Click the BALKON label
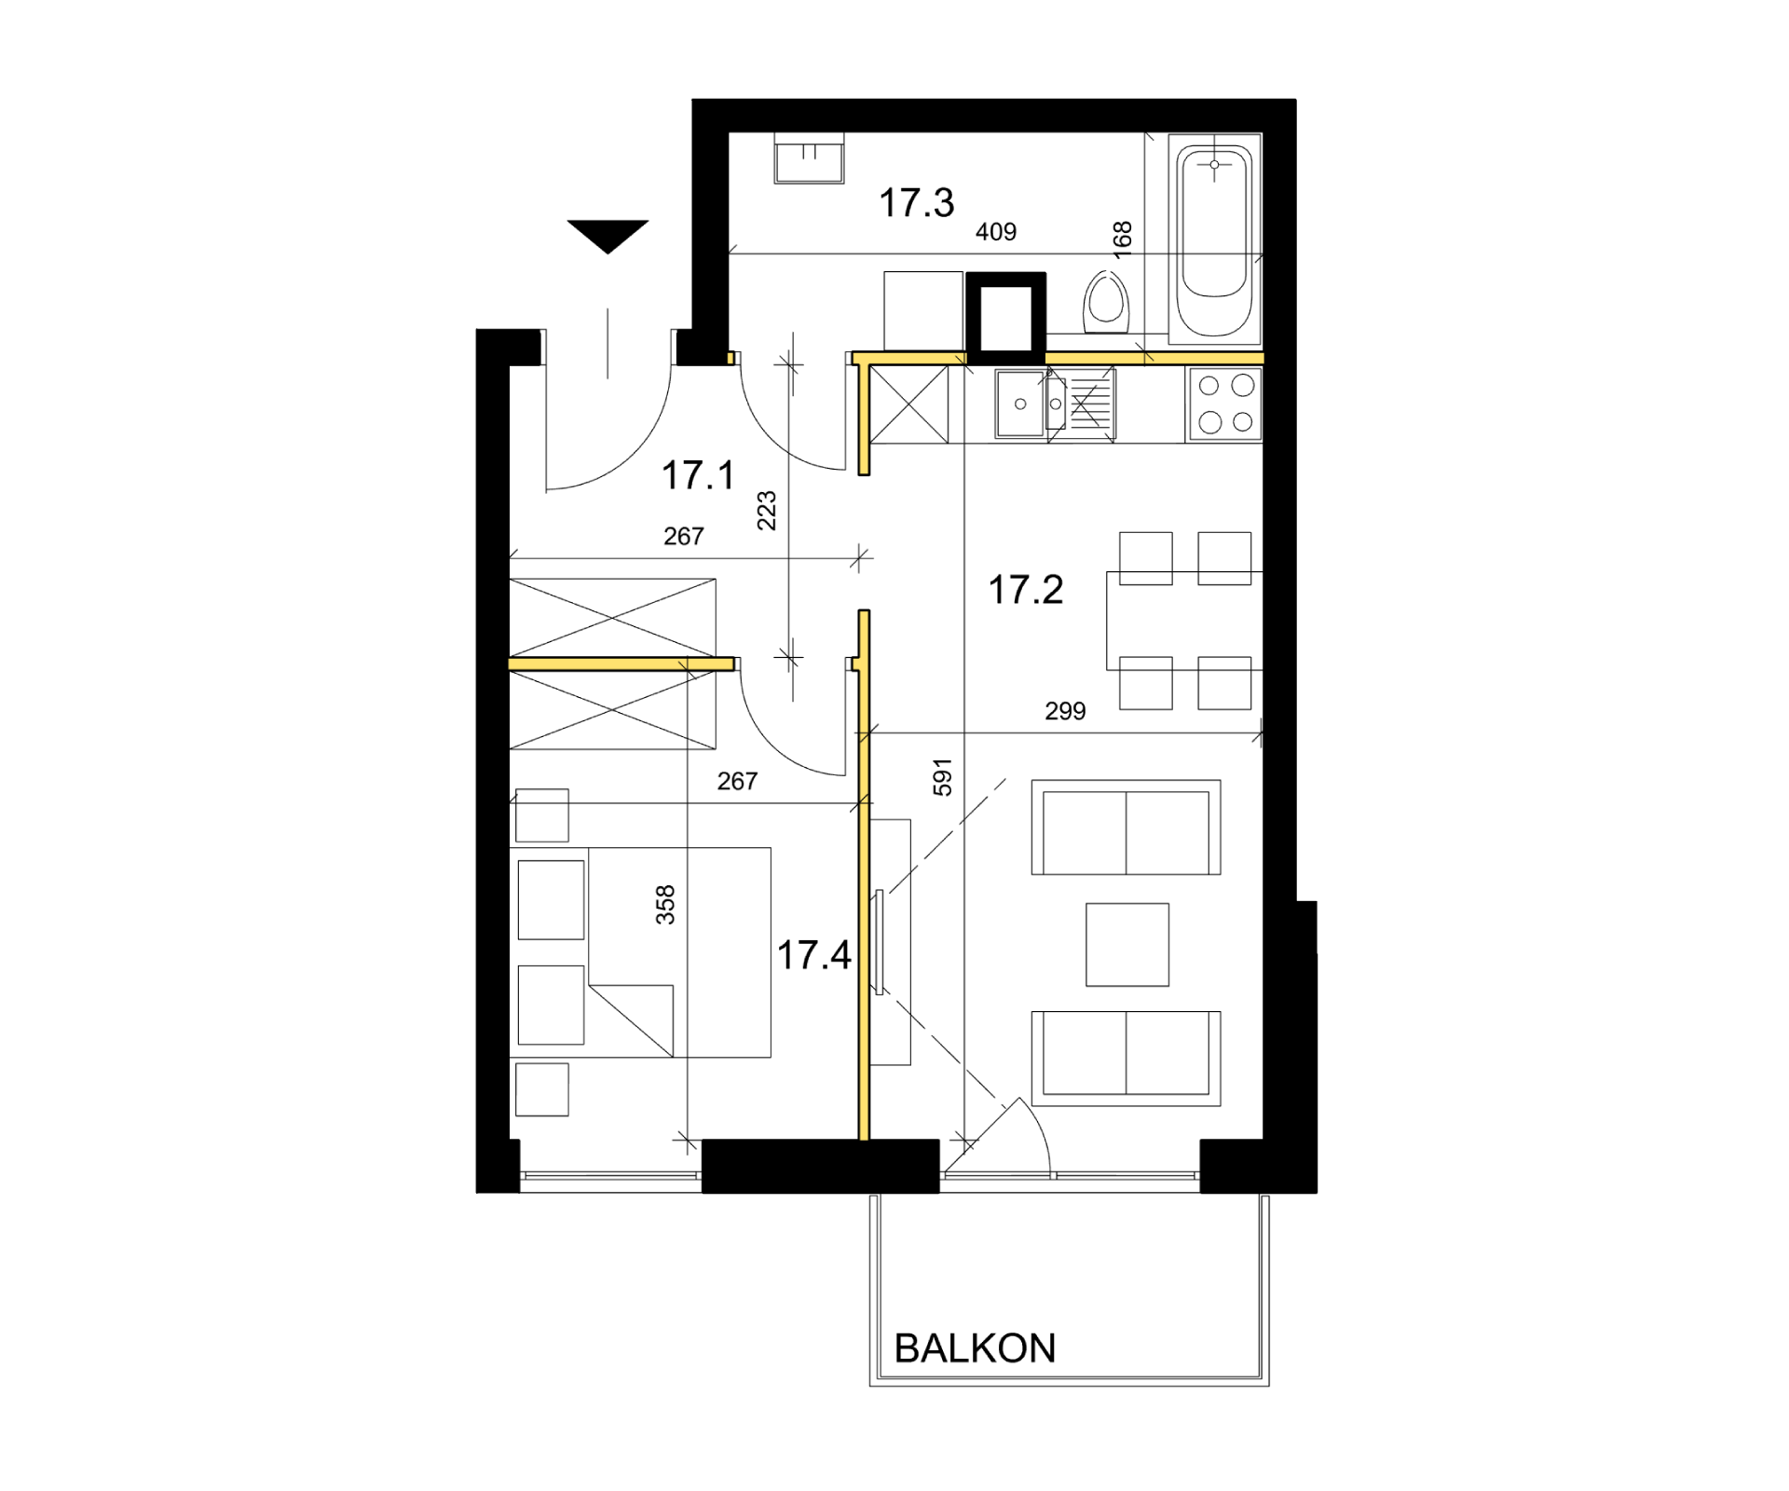975,1348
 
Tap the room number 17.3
917,203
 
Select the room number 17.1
698,475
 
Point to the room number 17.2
1025,590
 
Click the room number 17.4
813,955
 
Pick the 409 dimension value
996,232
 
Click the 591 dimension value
943,777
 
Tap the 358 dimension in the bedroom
665,905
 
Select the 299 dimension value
1065,712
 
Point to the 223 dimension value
766,511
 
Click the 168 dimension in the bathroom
1123,239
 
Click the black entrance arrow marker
608,236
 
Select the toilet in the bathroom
1107,303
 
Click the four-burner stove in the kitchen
1225,404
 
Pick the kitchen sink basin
1020,404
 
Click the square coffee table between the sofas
1127,944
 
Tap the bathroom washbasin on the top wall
809,157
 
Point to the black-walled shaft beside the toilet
1005,317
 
